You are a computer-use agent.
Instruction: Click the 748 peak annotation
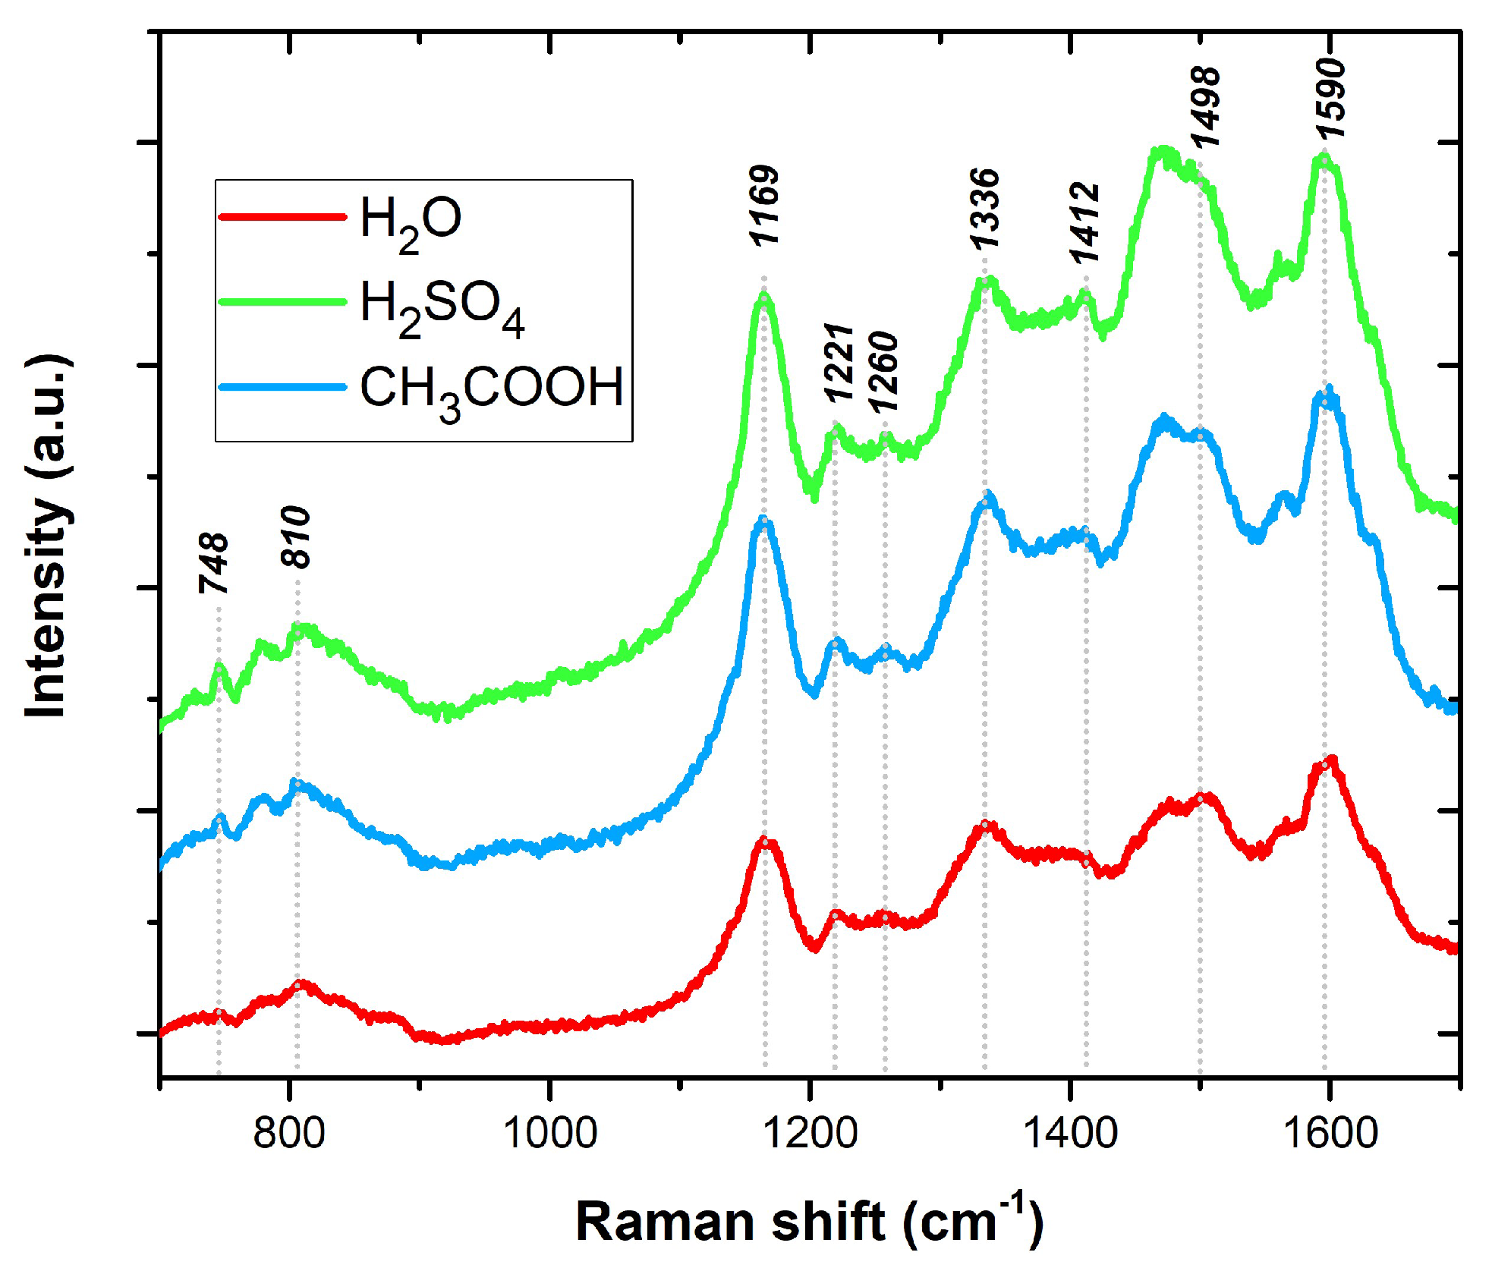click(x=214, y=563)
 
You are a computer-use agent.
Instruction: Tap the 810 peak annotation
click(x=296, y=537)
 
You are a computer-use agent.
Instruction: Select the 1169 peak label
click(x=764, y=206)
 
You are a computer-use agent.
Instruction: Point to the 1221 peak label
click(x=839, y=362)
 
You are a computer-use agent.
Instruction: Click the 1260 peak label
click(x=883, y=373)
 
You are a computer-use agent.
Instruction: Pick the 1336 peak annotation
click(x=985, y=209)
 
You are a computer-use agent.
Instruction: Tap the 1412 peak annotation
click(x=1085, y=223)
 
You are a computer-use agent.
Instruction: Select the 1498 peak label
click(x=1205, y=107)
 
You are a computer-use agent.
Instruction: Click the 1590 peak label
click(x=1331, y=99)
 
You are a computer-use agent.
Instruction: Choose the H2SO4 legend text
click(x=442, y=307)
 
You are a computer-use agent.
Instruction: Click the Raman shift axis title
click(x=809, y=1221)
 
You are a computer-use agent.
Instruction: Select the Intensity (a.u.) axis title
click(x=47, y=536)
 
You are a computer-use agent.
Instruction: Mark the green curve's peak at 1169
click(x=763, y=297)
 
